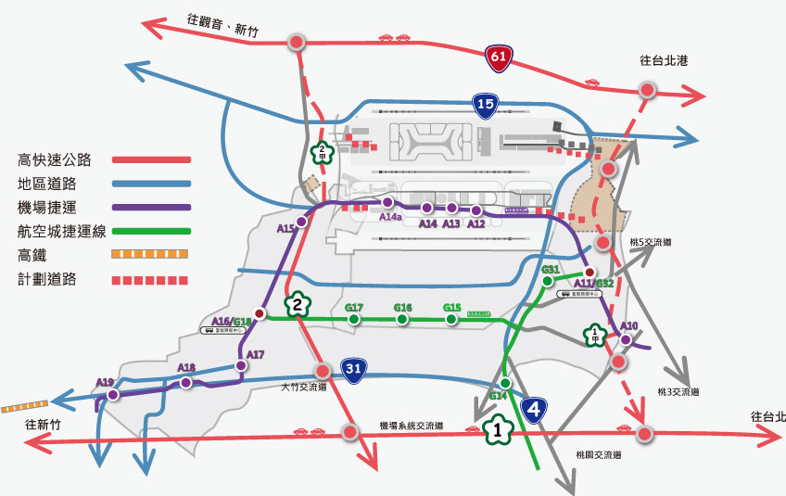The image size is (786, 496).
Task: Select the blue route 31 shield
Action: [x=353, y=370]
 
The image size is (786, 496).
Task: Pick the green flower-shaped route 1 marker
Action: [x=498, y=430]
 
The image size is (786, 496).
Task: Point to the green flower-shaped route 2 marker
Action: [x=297, y=304]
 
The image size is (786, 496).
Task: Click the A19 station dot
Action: [x=113, y=395]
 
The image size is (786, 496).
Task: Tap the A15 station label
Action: [x=285, y=227]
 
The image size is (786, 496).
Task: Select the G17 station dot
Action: [x=354, y=320]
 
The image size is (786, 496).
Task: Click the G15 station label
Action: [x=452, y=308]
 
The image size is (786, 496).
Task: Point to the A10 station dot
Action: [x=626, y=340]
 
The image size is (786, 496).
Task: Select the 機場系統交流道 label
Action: [x=411, y=426]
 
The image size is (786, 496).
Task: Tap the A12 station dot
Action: [x=476, y=210]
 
